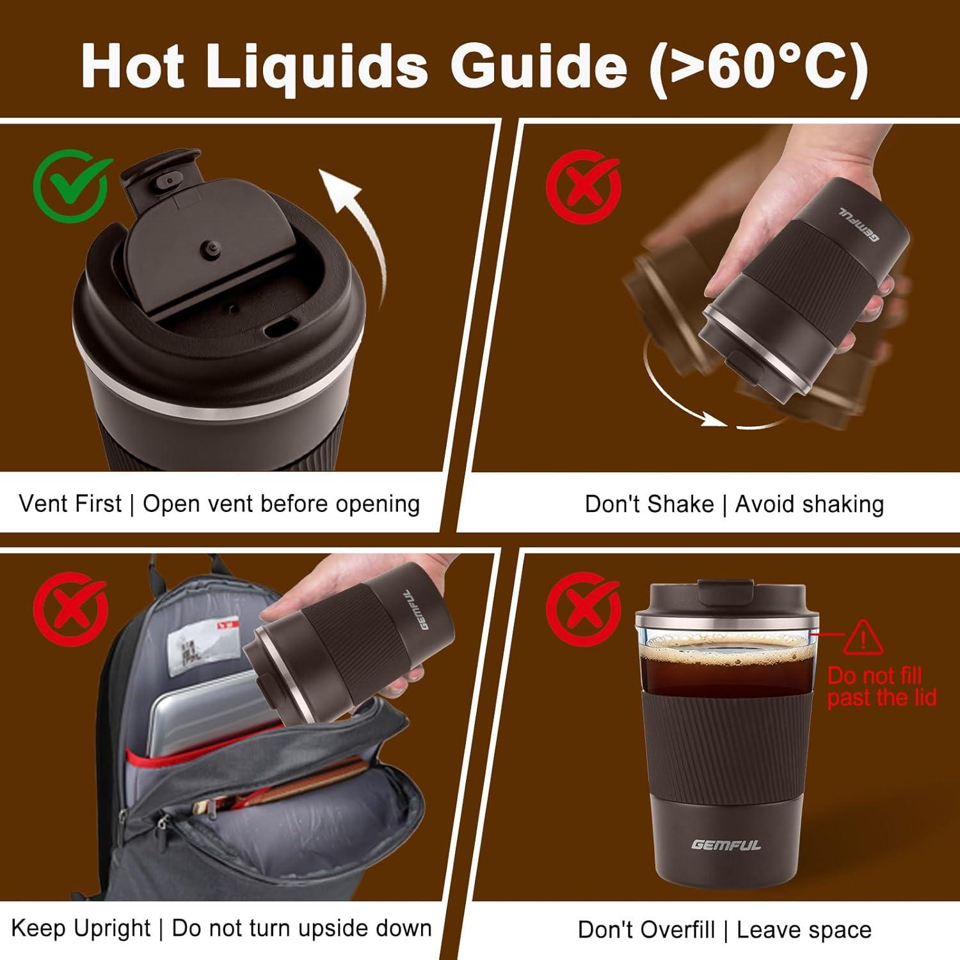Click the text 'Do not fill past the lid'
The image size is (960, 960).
point(881,686)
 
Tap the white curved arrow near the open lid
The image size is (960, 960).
point(358,230)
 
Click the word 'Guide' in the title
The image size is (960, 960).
point(539,66)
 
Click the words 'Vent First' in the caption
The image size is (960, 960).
point(70,504)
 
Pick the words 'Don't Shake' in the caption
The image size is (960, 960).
point(649,504)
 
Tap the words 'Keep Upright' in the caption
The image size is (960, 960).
point(81,928)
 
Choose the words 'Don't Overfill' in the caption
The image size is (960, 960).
point(646,929)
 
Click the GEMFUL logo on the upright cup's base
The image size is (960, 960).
point(726,845)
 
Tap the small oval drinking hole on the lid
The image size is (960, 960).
point(278,328)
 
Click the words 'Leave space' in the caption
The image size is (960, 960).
point(804,929)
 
